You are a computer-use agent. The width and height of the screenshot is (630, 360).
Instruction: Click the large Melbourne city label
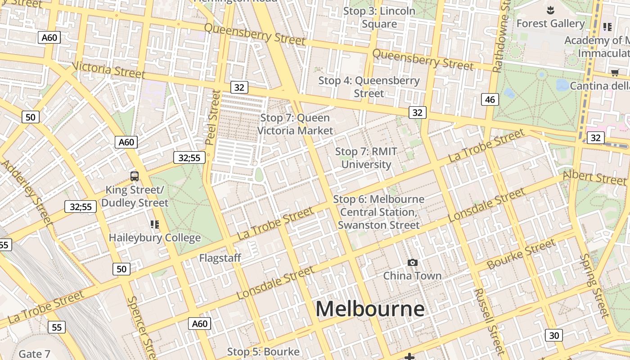[370, 309]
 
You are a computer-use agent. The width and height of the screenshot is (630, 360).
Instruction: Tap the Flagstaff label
[220, 258]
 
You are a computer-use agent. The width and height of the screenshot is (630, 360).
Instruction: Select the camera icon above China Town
[412, 263]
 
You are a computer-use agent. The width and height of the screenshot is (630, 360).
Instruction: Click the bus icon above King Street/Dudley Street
[134, 176]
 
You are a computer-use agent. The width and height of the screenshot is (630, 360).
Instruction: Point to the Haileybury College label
[154, 238]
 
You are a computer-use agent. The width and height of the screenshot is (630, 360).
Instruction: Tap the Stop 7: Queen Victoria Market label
[295, 124]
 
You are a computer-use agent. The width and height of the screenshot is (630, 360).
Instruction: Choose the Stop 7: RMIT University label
[366, 158]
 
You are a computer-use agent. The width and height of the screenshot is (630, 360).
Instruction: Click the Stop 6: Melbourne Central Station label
[378, 212]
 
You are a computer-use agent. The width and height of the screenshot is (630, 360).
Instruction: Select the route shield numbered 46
[490, 99]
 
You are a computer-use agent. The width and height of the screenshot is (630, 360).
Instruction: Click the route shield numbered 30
[553, 335]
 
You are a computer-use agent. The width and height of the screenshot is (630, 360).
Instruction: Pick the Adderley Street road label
[27, 191]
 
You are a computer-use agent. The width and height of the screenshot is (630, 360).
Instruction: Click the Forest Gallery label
[550, 23]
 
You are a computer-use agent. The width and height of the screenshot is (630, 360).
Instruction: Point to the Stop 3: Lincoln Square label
[379, 17]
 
